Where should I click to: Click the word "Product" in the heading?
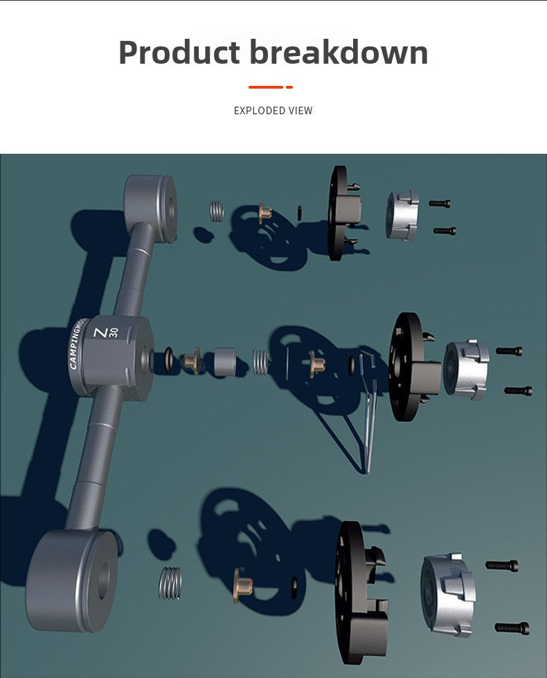(179, 53)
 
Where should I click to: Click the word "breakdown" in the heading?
(339, 52)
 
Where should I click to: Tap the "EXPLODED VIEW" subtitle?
(273, 111)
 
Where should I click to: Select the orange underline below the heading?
(271, 87)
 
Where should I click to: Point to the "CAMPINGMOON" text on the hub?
(77, 344)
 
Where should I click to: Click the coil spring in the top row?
(217, 211)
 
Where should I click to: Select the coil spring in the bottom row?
(170, 583)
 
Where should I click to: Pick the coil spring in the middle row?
(261, 362)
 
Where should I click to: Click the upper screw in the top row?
(440, 203)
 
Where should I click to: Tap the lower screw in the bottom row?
(512, 628)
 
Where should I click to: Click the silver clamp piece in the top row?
(402, 215)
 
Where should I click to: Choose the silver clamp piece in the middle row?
(466, 370)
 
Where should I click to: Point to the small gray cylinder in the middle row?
(225, 361)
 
